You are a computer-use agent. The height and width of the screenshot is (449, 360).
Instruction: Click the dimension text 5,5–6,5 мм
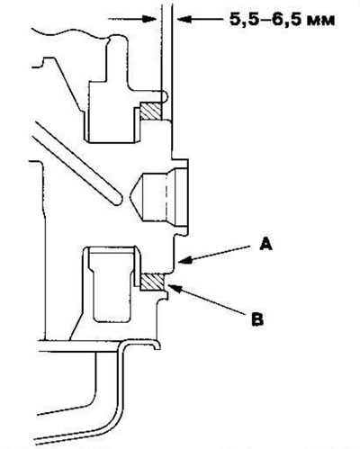(x=282, y=20)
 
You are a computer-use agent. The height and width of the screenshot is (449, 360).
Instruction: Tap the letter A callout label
(x=265, y=244)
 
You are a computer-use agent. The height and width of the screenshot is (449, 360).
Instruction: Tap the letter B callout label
(x=257, y=319)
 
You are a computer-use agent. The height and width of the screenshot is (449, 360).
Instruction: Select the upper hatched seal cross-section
(x=151, y=112)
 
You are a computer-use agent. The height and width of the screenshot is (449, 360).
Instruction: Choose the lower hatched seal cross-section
(x=152, y=282)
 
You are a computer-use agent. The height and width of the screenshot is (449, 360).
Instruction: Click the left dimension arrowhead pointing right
(x=150, y=19)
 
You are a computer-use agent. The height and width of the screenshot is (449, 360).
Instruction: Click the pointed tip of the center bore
(x=130, y=197)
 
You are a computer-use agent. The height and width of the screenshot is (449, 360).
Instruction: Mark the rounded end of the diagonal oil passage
(x=116, y=200)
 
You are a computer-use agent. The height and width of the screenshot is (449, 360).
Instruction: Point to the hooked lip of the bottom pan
(x=156, y=345)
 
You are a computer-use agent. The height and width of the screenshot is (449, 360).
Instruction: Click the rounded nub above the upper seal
(x=165, y=96)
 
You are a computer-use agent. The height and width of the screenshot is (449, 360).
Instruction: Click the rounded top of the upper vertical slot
(x=117, y=39)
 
